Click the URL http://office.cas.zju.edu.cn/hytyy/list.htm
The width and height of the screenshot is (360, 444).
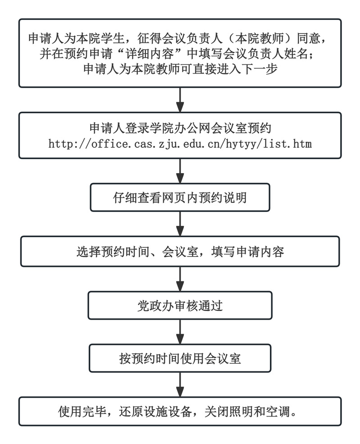click(180, 145)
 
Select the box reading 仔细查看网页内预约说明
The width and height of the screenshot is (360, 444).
click(180, 197)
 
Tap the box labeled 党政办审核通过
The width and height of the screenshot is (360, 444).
click(180, 306)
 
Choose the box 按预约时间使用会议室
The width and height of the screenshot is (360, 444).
click(180, 359)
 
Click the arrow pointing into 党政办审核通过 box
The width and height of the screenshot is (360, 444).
click(180, 279)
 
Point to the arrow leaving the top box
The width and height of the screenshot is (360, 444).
click(180, 99)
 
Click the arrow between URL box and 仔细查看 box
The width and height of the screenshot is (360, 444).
click(180, 171)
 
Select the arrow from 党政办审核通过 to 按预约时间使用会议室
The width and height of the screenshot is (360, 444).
click(180, 332)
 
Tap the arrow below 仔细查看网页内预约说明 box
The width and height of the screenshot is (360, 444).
click(180, 224)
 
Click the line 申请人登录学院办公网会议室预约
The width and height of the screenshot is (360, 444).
click(180, 129)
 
